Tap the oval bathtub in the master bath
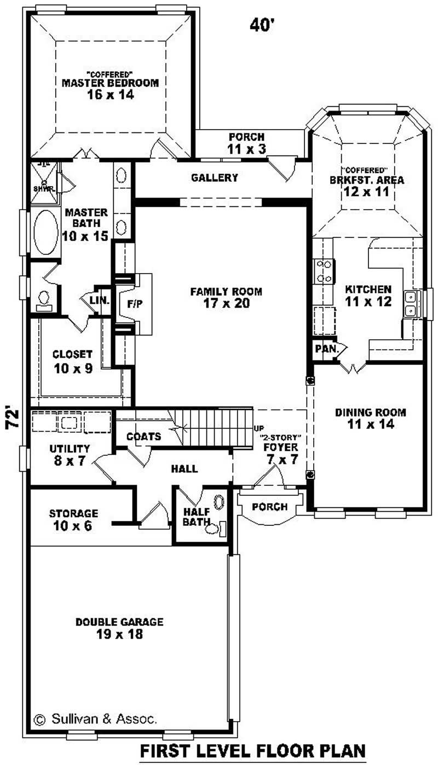[x=45, y=232]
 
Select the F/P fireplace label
[x=134, y=305]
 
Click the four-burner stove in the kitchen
[x=324, y=271]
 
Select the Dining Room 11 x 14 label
[x=371, y=418]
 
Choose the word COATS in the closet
[x=143, y=436]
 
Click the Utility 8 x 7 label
[x=70, y=454]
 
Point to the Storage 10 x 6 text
[x=73, y=519]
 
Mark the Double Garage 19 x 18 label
[x=119, y=628]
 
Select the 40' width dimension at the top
[x=262, y=24]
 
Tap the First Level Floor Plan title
[x=252, y=750]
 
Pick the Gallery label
[x=215, y=177]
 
